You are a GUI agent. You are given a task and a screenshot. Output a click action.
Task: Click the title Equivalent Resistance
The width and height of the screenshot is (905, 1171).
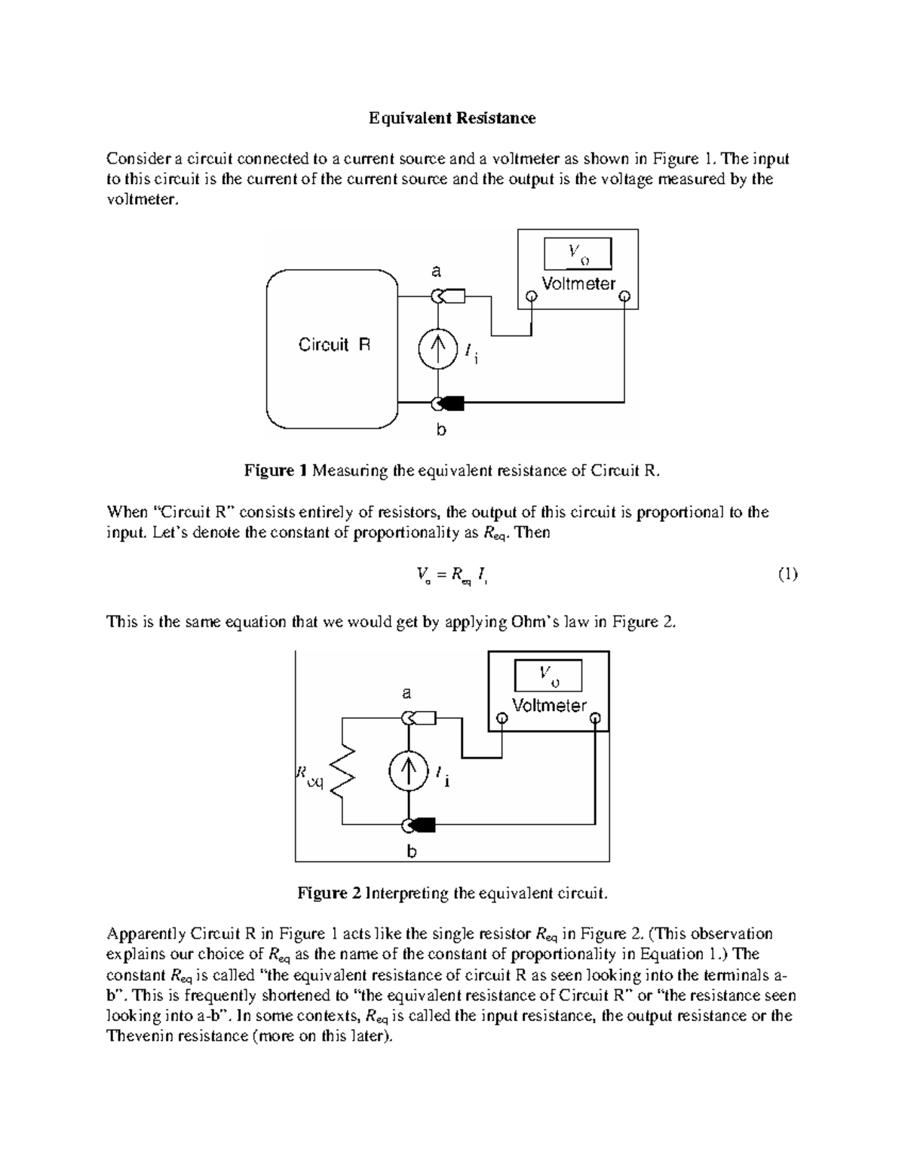(452, 118)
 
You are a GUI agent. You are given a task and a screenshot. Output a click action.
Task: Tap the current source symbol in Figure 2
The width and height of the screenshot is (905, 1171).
(408, 771)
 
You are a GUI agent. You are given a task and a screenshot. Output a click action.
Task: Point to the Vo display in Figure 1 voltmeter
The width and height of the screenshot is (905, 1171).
(578, 254)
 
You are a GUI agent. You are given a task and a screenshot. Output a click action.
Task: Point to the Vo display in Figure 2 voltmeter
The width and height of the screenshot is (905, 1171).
(548, 676)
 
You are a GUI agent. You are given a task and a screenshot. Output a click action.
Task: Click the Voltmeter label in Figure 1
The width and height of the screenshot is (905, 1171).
(578, 284)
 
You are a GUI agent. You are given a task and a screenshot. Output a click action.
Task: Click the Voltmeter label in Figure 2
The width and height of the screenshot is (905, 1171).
(549, 706)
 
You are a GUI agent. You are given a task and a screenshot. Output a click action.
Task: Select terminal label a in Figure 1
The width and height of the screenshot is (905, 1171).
(435, 271)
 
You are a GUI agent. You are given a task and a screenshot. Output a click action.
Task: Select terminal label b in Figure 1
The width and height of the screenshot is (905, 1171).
(441, 431)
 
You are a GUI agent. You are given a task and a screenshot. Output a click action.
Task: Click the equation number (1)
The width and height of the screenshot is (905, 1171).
(787, 575)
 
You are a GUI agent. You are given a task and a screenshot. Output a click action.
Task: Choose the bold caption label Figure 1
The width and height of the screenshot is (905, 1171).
(275, 471)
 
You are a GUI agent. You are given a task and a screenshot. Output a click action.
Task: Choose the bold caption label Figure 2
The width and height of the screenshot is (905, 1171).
(329, 894)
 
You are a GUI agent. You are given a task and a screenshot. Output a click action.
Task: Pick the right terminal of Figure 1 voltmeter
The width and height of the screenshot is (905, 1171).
(624, 297)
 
